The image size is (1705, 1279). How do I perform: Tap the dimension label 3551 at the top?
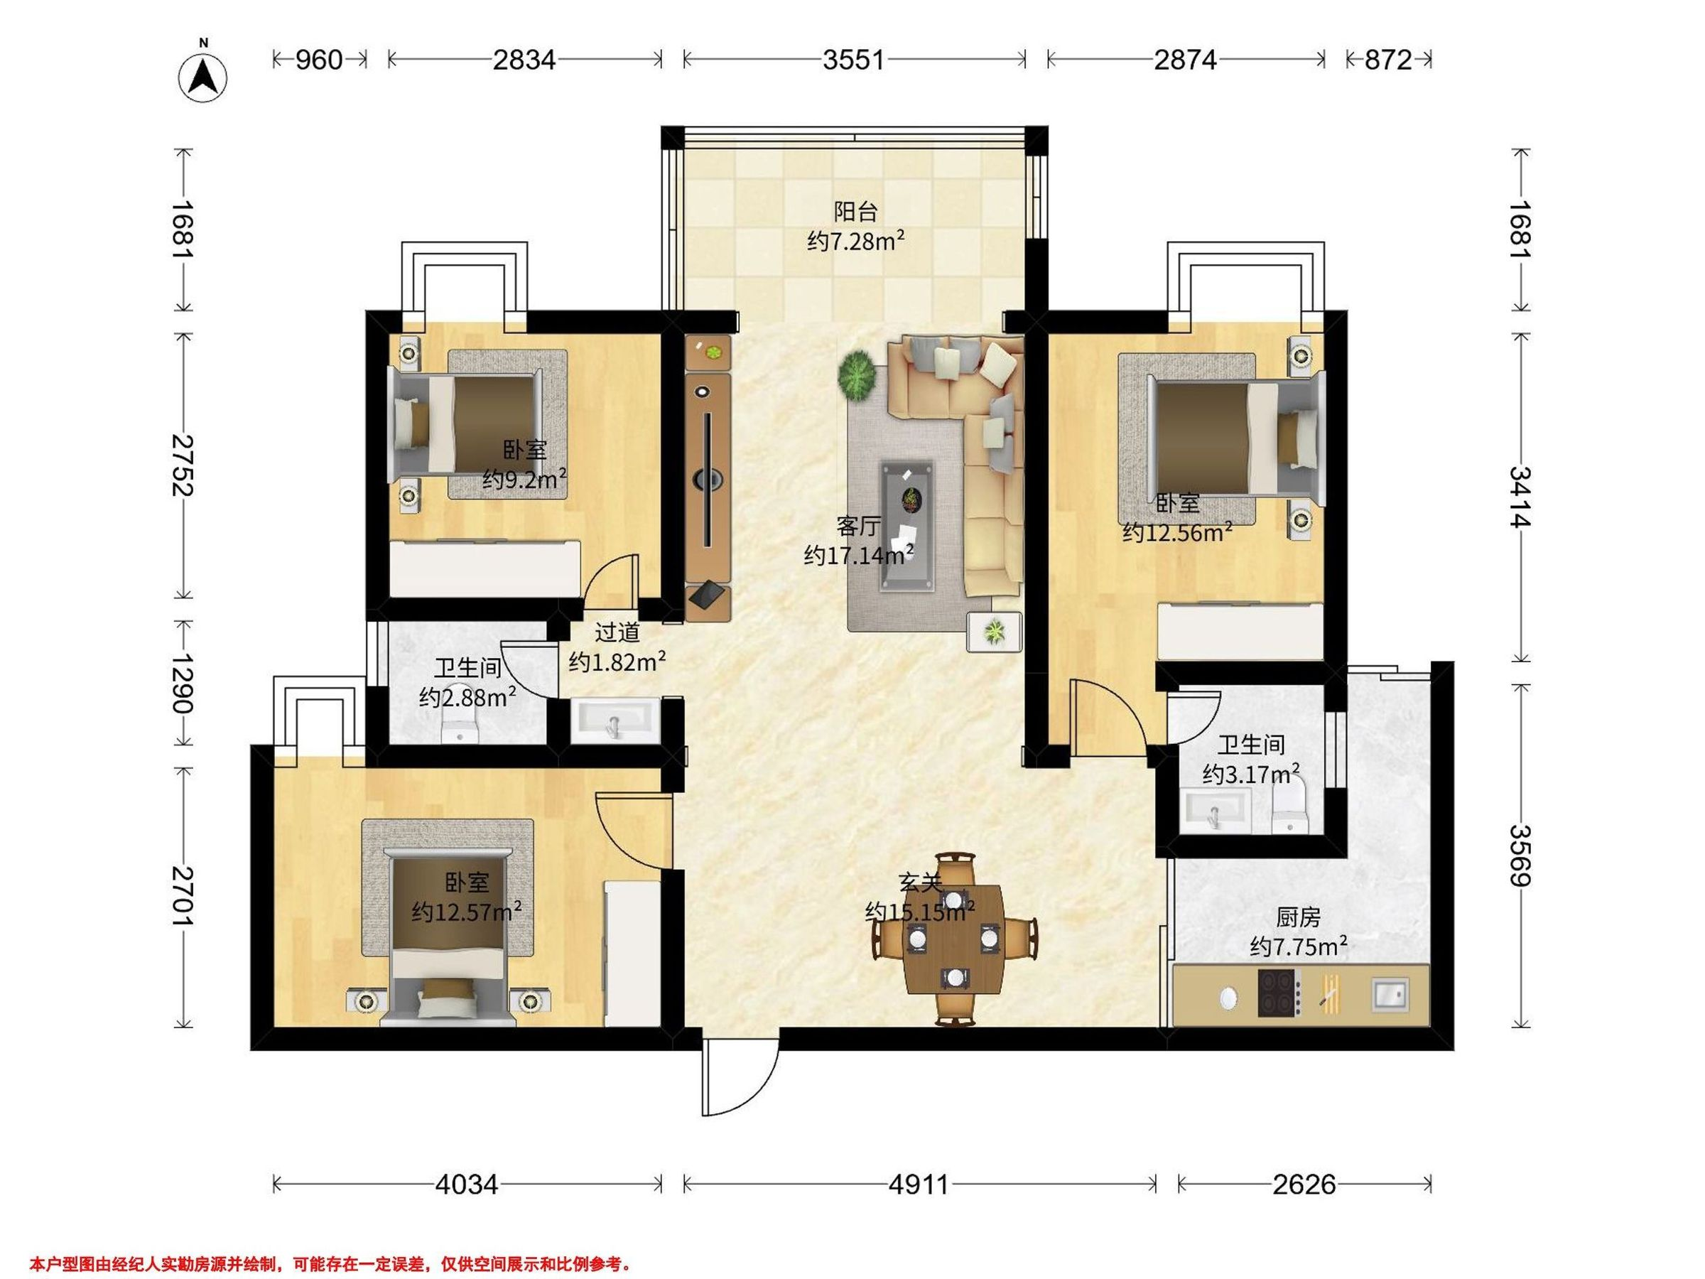[x=853, y=60]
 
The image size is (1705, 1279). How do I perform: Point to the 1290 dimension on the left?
[x=183, y=683]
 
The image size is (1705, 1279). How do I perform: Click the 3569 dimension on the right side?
[x=1521, y=856]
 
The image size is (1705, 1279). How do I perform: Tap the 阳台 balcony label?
[x=855, y=211]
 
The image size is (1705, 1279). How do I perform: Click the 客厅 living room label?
[x=858, y=527]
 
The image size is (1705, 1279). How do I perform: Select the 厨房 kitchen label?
[x=1298, y=917]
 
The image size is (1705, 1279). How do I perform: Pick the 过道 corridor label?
[x=617, y=632]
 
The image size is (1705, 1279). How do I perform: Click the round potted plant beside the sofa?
[x=857, y=375]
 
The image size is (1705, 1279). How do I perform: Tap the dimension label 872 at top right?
[x=1388, y=60]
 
